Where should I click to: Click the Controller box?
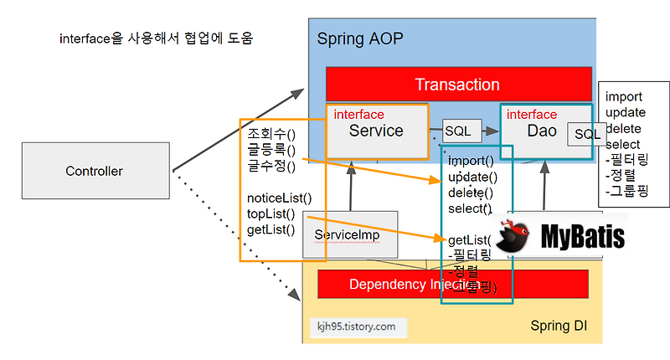click(94, 172)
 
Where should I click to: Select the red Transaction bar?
click(457, 85)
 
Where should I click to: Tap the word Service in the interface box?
click(376, 131)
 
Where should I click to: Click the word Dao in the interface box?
click(542, 131)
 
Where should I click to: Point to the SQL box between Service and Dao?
click(457, 131)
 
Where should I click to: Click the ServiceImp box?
click(347, 235)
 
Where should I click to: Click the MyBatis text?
click(582, 237)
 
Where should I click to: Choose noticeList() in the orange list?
click(279, 198)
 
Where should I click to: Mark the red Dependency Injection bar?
click(394, 284)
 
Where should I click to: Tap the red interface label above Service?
click(358, 114)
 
